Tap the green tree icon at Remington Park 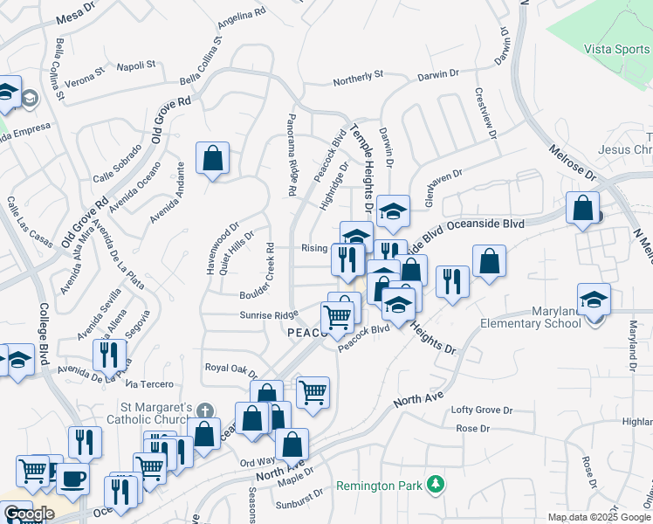[x=435, y=485]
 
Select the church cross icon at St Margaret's [x=204, y=410]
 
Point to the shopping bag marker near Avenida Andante [x=212, y=159]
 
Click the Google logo [x=29, y=514]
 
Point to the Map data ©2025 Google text [x=599, y=517]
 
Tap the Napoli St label [x=135, y=65]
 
